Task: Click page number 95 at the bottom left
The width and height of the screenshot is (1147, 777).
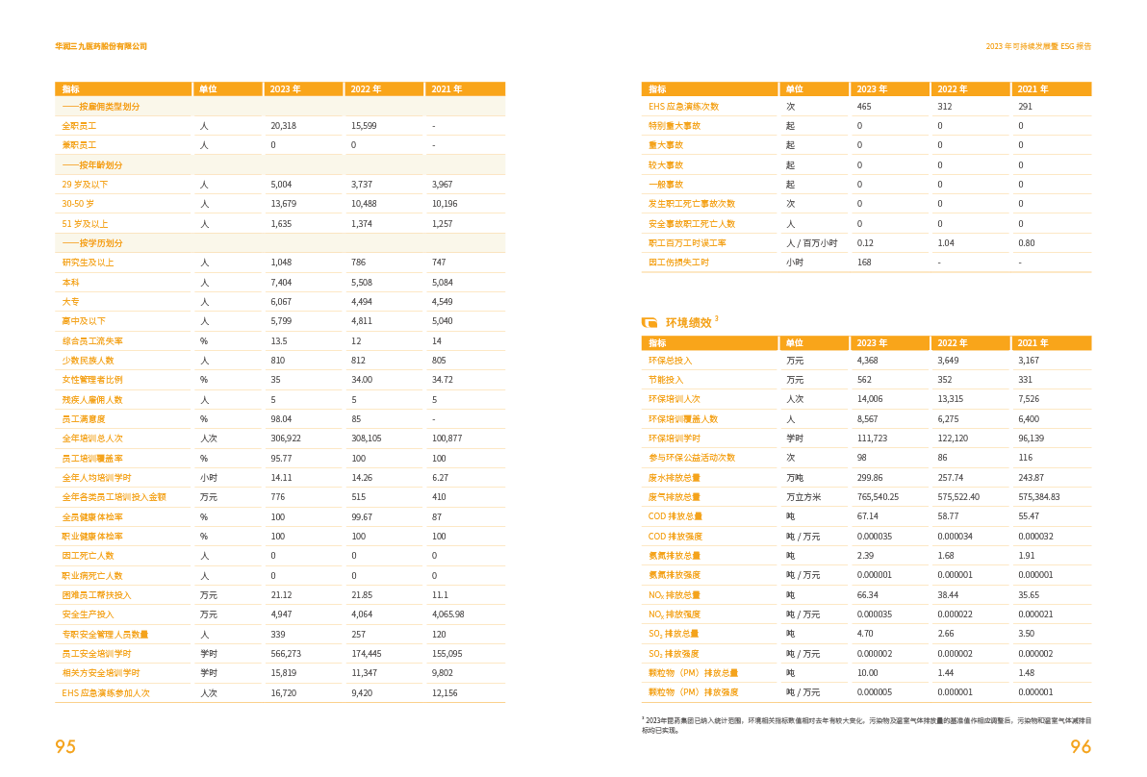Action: click(x=65, y=747)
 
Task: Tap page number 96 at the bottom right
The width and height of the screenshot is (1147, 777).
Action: click(x=1081, y=747)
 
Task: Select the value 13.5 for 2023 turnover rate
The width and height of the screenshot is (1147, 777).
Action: click(x=279, y=341)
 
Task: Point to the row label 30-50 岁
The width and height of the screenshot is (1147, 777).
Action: click(x=78, y=204)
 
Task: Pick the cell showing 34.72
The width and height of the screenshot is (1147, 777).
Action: click(x=444, y=380)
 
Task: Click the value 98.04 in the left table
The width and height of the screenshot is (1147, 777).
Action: click(x=281, y=419)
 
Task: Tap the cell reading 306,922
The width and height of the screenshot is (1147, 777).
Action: click(x=286, y=439)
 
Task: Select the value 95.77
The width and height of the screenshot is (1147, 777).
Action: click(x=281, y=459)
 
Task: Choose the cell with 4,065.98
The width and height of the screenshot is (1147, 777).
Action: click(x=448, y=614)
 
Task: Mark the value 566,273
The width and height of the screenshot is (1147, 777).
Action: click(x=286, y=654)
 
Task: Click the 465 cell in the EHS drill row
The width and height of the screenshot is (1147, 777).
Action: click(x=864, y=107)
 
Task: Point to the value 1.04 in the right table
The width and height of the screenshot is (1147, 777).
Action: click(x=946, y=243)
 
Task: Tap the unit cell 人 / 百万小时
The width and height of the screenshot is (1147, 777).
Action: click(x=811, y=243)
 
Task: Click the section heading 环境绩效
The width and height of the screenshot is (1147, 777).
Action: click(x=688, y=323)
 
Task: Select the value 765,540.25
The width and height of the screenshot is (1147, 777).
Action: click(x=878, y=497)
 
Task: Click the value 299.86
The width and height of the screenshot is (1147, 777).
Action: click(x=870, y=478)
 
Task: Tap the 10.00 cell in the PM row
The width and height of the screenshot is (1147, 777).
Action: click(x=867, y=673)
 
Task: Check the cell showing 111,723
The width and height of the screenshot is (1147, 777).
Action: click(x=872, y=439)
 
